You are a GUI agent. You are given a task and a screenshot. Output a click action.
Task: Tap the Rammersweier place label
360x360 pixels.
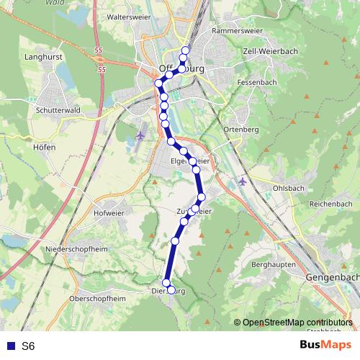click(x=234, y=32)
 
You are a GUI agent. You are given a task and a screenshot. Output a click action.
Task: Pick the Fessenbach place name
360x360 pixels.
click(x=257, y=83)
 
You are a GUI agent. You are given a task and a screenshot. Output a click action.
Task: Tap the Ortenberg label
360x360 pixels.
click(x=240, y=129)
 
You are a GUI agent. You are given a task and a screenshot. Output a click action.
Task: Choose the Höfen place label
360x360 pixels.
click(x=44, y=146)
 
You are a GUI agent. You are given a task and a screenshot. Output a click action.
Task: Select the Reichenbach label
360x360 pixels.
click(x=330, y=204)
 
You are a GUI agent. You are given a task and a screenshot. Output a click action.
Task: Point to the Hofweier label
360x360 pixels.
click(x=110, y=212)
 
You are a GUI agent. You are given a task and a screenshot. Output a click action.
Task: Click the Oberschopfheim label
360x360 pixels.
click(x=96, y=298)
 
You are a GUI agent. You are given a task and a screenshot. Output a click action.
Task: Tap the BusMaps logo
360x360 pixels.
click(x=325, y=345)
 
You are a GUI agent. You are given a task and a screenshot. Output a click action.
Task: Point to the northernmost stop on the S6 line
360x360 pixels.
click(x=186, y=50)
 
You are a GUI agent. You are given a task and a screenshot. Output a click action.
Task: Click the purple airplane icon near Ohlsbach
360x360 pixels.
click(x=242, y=181)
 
